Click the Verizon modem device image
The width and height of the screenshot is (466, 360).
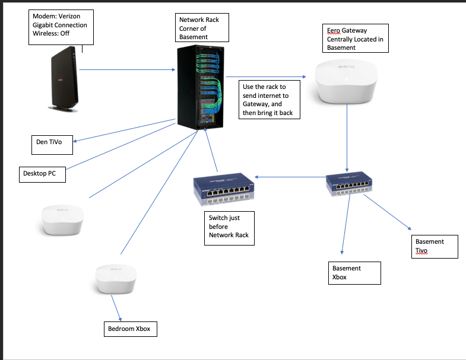coord(64,79)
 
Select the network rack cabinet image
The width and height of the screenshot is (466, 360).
coord(201,87)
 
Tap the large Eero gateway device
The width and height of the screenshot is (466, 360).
coord(346,82)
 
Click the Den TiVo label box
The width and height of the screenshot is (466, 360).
coord(52,145)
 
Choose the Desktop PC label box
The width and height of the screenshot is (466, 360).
coord(42,174)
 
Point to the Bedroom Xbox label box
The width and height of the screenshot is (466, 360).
coord(131,329)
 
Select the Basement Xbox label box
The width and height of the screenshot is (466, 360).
coord(354,273)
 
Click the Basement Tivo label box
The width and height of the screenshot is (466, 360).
coord(435,247)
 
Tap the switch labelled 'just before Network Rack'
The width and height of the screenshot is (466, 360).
coord(224,190)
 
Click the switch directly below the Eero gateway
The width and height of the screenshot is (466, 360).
coord(349,184)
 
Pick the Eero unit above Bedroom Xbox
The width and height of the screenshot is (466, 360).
coord(116,279)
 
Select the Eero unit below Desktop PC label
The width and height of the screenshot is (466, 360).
coord(62,220)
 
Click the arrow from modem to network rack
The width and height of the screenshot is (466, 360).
coord(127,70)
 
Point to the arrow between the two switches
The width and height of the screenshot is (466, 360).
coord(290,177)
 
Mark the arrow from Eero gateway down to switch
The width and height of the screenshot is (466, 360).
coord(347,138)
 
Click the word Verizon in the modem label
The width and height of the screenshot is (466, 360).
coord(69,17)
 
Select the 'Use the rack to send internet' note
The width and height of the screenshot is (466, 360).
coord(270,100)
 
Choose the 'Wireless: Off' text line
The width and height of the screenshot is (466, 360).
coord(51,33)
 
